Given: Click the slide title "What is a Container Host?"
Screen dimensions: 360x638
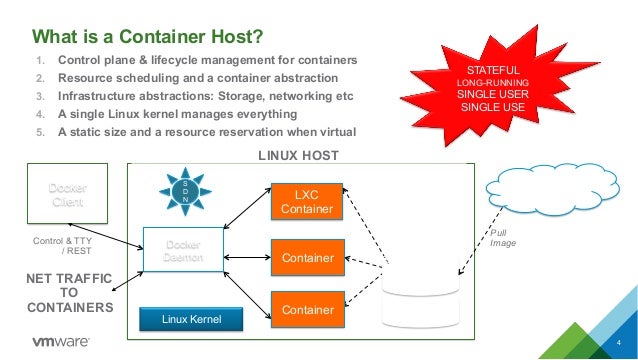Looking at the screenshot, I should pyautogui.click(x=148, y=38).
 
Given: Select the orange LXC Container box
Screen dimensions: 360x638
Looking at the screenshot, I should pyautogui.click(x=307, y=201).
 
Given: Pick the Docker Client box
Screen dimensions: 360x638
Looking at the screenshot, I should pyautogui.click(x=69, y=194).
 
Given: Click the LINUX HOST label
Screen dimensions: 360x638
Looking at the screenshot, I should pyautogui.click(x=298, y=156).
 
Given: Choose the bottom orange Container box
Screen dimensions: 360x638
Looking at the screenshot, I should pyautogui.click(x=307, y=310).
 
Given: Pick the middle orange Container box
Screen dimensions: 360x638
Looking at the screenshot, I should pyautogui.click(x=307, y=258).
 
